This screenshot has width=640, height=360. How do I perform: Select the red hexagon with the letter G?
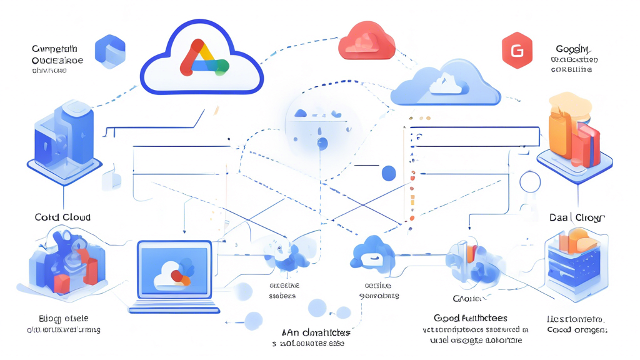point(517,50)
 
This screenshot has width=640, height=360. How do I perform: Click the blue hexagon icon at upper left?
point(110,51)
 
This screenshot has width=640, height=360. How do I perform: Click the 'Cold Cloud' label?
point(62,217)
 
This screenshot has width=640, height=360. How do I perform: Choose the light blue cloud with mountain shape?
point(446,84)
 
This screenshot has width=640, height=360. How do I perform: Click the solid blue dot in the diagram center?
point(388,173)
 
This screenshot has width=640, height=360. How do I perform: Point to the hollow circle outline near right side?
point(529,182)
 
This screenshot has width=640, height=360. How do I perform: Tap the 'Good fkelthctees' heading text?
point(471,318)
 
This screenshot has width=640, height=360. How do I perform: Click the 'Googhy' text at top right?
point(572,49)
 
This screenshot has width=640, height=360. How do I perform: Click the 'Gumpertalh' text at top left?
point(55,49)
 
